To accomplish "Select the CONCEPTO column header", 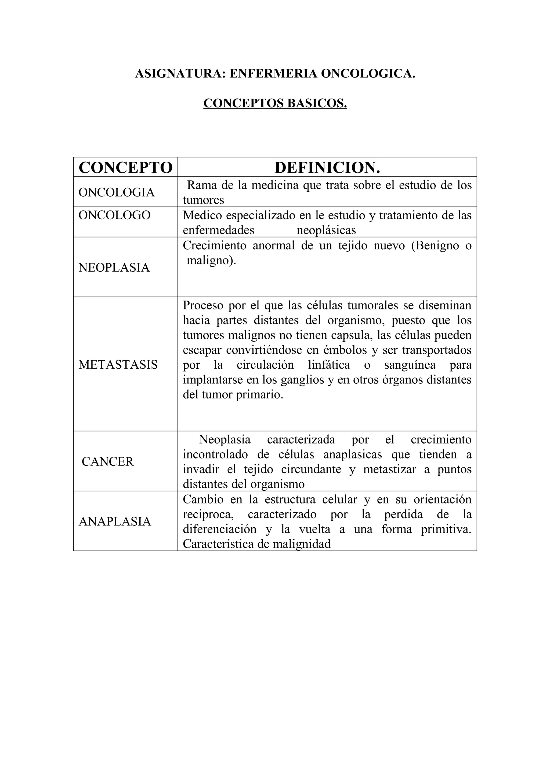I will [125, 168].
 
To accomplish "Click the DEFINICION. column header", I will [327, 168].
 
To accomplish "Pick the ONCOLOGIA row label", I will [116, 192].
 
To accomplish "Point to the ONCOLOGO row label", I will [115, 215].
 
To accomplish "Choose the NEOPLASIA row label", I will [114, 267].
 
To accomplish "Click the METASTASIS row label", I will [118, 364].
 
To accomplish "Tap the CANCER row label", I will [108, 462].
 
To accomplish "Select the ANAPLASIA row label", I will [115, 521].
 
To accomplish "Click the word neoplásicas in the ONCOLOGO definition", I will [326, 231].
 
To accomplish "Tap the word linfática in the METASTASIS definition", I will [329, 365].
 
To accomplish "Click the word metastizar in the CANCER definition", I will [389, 469].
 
